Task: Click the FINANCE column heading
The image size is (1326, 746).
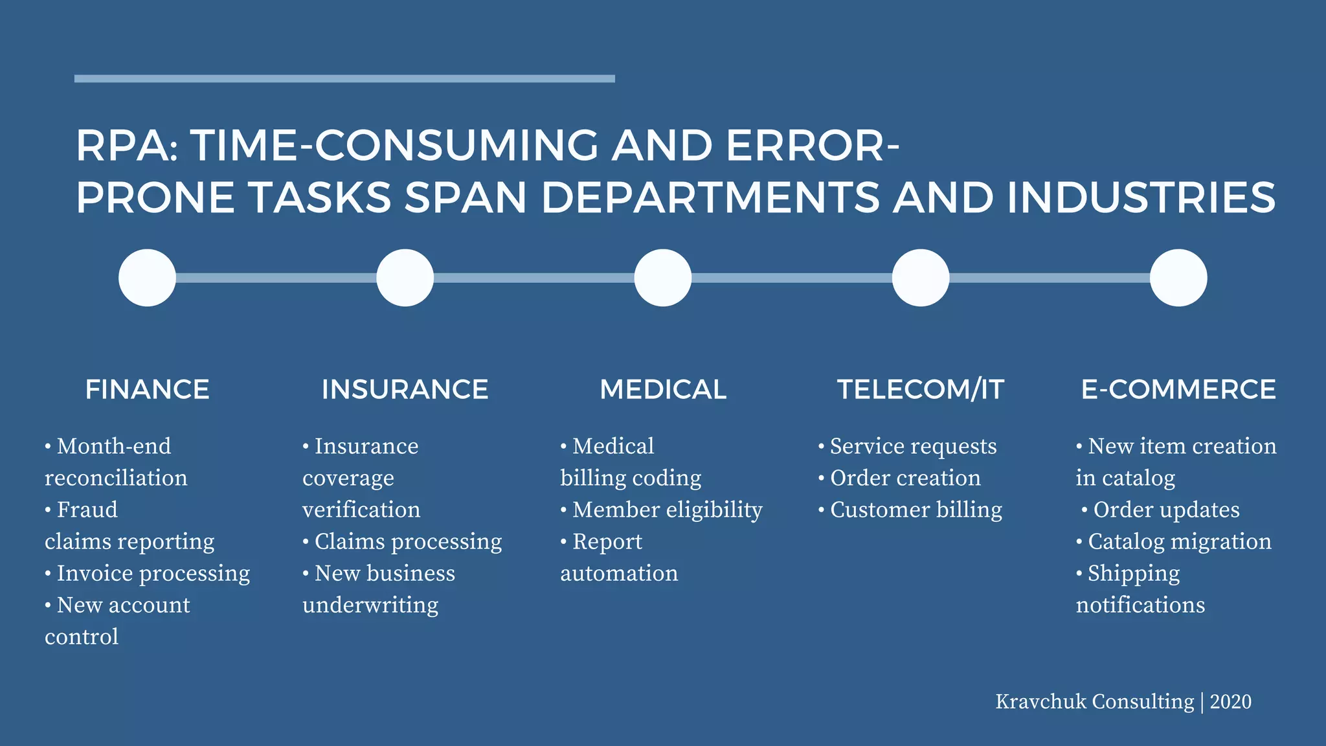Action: click(x=147, y=389)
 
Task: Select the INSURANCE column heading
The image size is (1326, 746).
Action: click(x=405, y=389)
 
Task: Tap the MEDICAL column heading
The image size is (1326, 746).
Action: click(x=663, y=389)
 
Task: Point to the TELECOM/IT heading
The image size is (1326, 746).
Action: click(x=920, y=389)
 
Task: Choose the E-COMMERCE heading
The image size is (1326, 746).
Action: click(x=1178, y=389)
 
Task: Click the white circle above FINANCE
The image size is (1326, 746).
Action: click(x=147, y=278)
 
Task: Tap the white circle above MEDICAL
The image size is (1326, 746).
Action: click(x=663, y=278)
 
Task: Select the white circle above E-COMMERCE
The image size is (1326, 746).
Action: click(x=1178, y=278)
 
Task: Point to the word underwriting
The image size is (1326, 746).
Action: click(x=370, y=605)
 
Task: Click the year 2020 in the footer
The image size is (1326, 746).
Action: click(x=1230, y=701)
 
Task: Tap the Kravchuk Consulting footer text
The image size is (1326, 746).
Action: click(x=1094, y=701)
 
